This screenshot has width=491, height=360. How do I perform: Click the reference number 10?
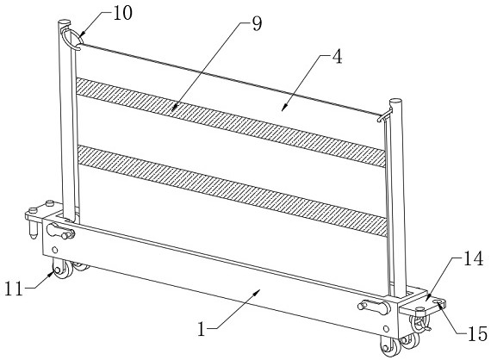(122, 14)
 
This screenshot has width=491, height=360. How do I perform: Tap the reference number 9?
(257, 24)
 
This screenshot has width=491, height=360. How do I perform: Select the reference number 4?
(337, 57)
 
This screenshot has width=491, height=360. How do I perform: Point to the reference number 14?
(473, 259)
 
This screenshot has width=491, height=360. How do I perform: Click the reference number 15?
(477, 333)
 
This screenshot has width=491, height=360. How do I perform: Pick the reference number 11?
(14, 289)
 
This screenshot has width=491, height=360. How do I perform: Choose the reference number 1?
(202, 329)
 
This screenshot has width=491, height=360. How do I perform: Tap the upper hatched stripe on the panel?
(231, 122)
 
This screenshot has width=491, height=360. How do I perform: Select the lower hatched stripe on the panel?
(232, 190)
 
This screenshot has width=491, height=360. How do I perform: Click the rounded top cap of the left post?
(65, 23)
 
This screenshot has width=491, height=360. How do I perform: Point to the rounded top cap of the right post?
(395, 102)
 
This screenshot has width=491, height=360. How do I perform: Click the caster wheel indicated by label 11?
(62, 269)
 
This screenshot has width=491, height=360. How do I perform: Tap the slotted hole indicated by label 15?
(438, 301)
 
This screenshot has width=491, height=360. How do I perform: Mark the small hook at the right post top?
(385, 115)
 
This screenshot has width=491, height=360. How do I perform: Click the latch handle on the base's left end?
(60, 231)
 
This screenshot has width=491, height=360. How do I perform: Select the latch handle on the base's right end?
(374, 307)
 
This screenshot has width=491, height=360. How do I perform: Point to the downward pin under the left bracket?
(33, 230)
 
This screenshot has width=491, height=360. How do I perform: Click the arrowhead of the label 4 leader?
(283, 108)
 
